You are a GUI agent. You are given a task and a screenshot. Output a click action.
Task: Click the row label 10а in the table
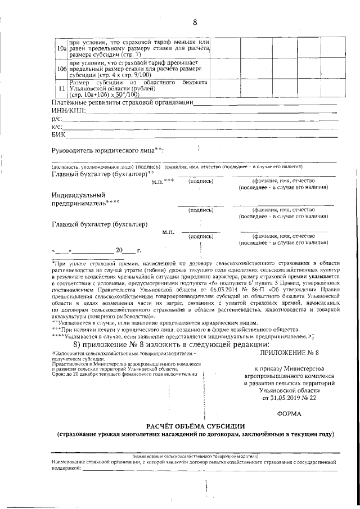(61, 51)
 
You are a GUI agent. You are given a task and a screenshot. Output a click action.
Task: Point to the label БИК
(58, 135)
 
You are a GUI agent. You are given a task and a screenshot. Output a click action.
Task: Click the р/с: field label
(56, 119)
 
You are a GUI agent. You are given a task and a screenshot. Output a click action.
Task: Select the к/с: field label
(56, 127)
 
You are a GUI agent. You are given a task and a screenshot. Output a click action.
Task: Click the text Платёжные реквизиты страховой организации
(121, 102)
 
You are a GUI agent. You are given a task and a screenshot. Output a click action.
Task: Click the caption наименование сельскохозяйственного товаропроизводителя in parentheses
(195, 456)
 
